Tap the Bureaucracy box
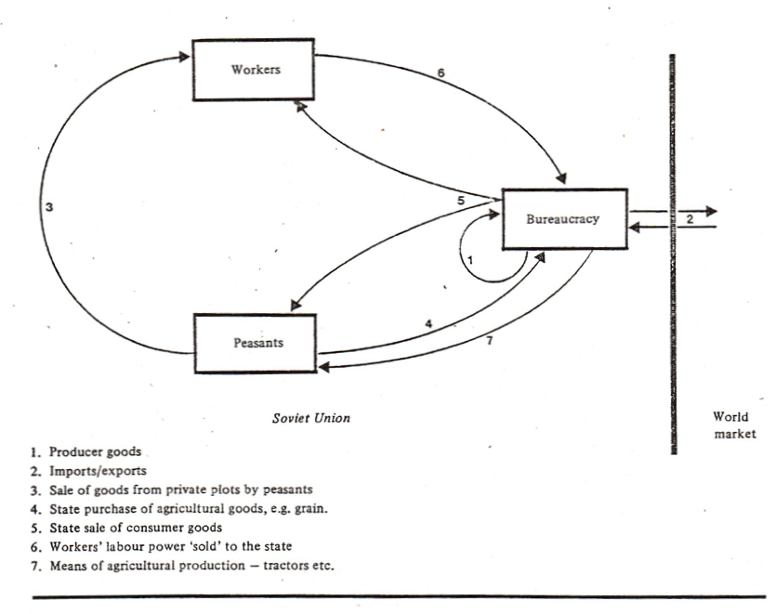click(x=564, y=219)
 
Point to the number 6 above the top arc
click(x=441, y=72)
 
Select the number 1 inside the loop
click(x=470, y=261)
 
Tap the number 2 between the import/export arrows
click(x=689, y=219)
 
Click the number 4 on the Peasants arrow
click(x=428, y=323)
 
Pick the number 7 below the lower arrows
click(x=490, y=342)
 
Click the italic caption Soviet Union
click(x=310, y=418)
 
